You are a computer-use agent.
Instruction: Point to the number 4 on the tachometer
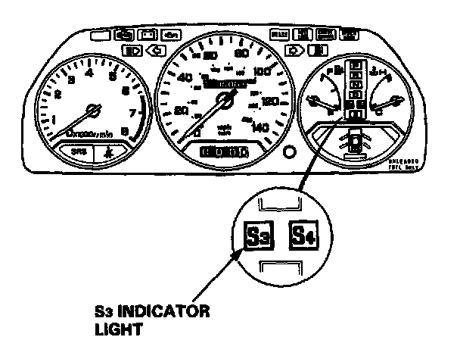[90, 73]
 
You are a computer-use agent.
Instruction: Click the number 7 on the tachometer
[133, 114]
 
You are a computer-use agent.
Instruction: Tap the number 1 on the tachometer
[52, 118]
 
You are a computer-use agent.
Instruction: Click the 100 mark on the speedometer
[262, 72]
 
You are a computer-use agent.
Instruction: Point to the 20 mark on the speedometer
[182, 111]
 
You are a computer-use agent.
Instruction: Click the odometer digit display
[225, 152]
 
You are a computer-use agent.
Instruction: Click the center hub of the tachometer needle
[94, 110]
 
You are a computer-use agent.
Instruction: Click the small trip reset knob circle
[287, 151]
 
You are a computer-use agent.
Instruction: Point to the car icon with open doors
[353, 141]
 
